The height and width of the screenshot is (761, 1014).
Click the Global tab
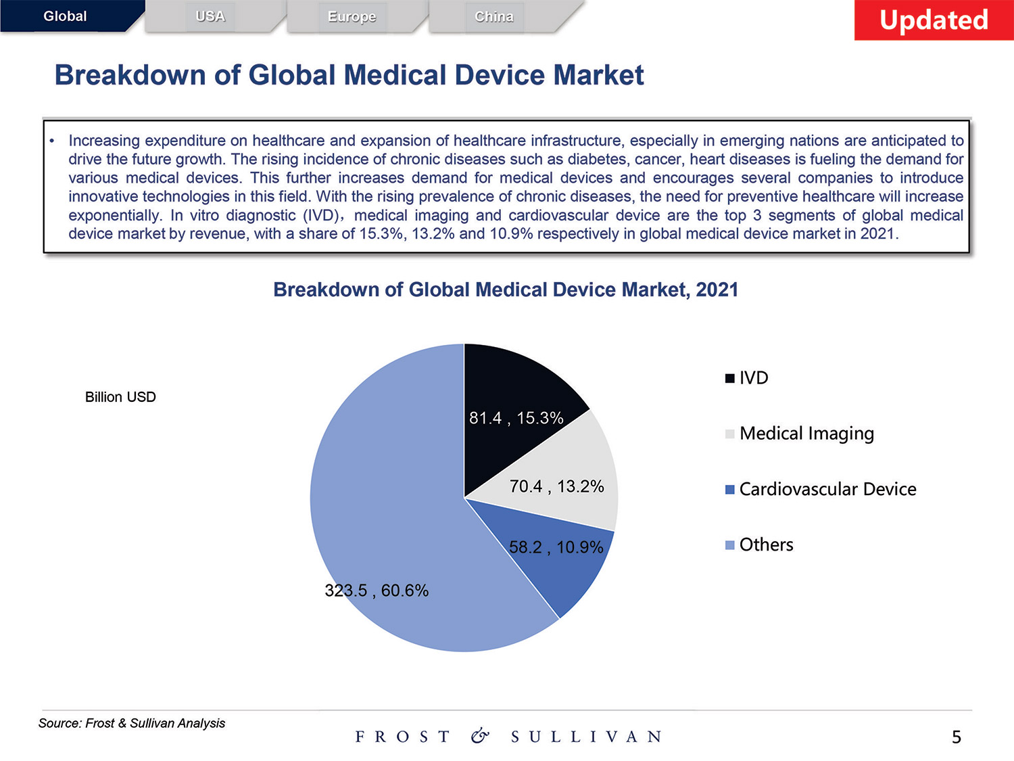coord(66,16)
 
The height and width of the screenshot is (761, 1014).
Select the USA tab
coord(210,16)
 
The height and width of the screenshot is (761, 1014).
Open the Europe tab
coord(352,16)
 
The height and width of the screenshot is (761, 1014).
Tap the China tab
coord(494,16)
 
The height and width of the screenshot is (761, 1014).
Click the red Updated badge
coord(934,20)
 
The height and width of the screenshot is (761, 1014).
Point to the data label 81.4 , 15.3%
coord(516,418)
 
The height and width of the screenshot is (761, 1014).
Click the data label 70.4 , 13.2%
coord(556,486)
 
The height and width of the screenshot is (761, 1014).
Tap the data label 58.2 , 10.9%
coord(556,547)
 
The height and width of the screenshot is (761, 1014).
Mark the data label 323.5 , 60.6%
coord(377,591)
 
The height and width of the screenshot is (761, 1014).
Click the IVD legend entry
coord(748,377)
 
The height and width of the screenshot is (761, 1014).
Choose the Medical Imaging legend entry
coord(800,434)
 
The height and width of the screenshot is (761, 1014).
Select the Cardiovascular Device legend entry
coord(821,489)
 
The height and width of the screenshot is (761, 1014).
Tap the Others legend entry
coord(760,545)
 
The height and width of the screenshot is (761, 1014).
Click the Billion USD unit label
coord(120,397)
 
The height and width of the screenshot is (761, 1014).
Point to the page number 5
coord(956,737)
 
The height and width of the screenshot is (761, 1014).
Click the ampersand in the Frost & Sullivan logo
coord(480,736)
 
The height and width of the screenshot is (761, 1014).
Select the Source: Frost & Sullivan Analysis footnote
coord(132,723)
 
